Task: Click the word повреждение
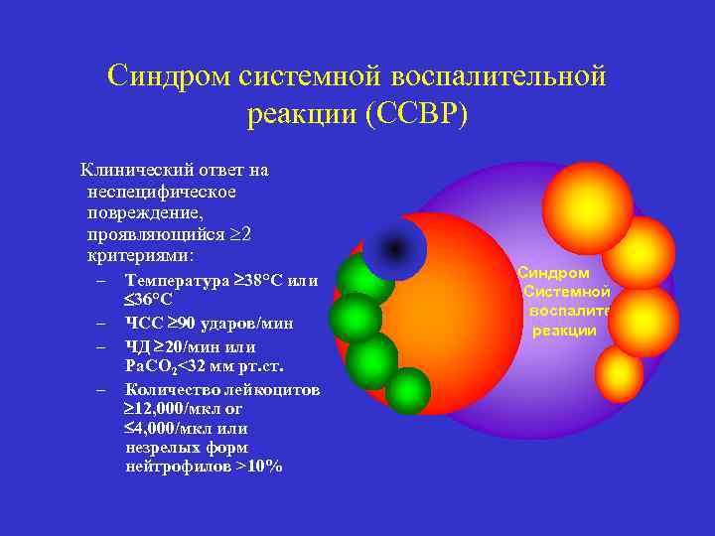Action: pos(144,212)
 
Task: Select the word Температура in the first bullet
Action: pos(175,281)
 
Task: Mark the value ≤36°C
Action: pos(148,300)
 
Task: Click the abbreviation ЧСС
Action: pos(142,324)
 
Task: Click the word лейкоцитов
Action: pos(265,390)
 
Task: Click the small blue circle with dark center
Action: pos(394,247)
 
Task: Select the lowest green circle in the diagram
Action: pos(407,391)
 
